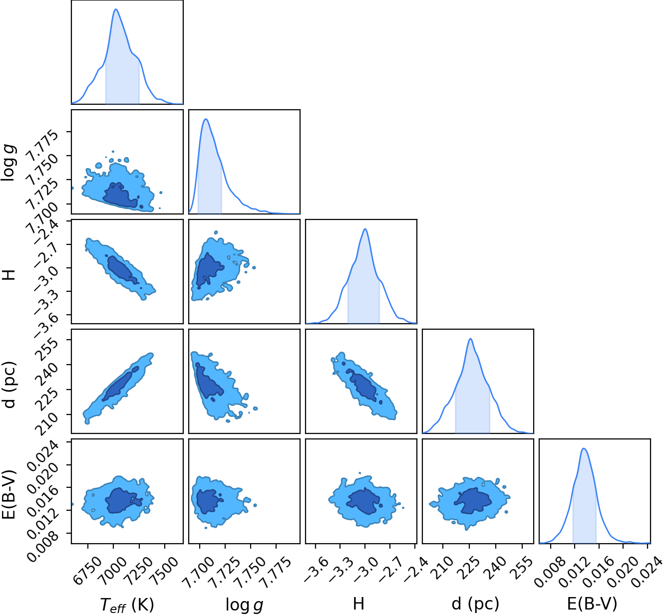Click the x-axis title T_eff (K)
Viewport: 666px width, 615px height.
(127, 605)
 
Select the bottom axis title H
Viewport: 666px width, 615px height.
(358, 604)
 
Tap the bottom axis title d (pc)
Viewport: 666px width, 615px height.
(475, 604)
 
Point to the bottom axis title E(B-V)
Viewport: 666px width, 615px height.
(592, 604)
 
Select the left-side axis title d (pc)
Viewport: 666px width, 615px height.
(9, 385)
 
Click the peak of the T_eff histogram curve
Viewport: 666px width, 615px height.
(116, 9)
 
